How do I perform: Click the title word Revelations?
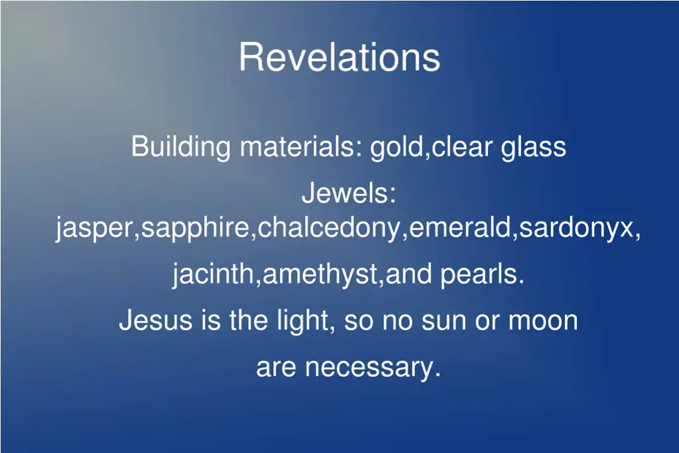(x=339, y=57)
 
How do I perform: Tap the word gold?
(x=396, y=147)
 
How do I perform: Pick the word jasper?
(x=95, y=229)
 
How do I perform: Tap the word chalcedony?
(x=330, y=229)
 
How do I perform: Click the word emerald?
(x=460, y=229)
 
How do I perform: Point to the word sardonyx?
(x=576, y=229)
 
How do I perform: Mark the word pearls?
(x=481, y=273)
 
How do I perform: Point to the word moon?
(x=542, y=321)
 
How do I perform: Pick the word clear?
(x=462, y=147)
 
